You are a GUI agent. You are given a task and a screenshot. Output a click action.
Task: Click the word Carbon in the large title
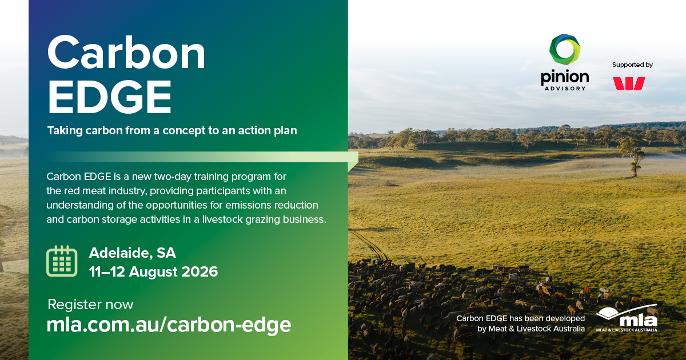(x=126, y=53)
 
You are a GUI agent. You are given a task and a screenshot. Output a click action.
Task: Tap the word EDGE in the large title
(x=109, y=97)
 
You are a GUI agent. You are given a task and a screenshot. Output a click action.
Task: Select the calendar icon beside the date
(x=62, y=261)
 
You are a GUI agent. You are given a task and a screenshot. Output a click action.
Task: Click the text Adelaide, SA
(x=132, y=253)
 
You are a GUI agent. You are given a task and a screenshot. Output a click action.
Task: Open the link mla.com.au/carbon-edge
(x=169, y=325)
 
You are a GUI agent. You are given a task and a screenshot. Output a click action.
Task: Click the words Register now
(x=91, y=304)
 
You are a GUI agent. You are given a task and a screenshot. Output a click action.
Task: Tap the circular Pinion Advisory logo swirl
(x=565, y=49)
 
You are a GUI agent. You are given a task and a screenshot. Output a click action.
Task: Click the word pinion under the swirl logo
(x=565, y=78)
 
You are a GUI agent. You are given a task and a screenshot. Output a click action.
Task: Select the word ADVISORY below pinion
(x=565, y=89)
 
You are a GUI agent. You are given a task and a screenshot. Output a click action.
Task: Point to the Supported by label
(x=632, y=65)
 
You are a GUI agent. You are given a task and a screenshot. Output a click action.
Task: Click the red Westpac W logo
(x=629, y=83)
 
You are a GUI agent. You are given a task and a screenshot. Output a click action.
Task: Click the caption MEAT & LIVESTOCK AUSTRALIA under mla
(x=627, y=330)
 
